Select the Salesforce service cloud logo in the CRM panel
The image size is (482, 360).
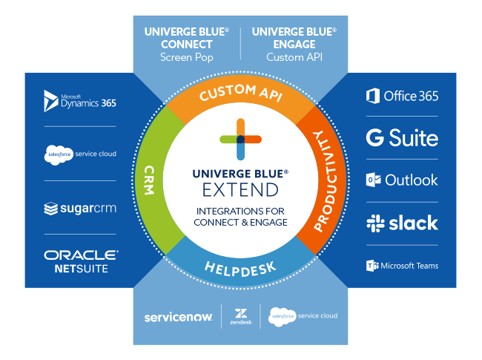tap(80, 155)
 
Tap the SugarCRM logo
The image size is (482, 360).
tap(80, 209)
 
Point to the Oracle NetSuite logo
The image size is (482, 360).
tap(80, 261)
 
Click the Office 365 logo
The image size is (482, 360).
tap(402, 96)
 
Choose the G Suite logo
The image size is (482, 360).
tap(402, 137)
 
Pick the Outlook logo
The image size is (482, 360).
tap(402, 180)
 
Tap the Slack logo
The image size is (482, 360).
tap(402, 223)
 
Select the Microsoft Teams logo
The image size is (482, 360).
tap(402, 265)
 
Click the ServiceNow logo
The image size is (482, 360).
tap(178, 316)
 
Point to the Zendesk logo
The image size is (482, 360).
tap(240, 316)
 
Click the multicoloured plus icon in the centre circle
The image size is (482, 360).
tap(241, 140)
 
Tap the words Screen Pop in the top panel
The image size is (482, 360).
tap(187, 57)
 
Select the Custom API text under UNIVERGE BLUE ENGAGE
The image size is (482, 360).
tap(294, 57)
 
